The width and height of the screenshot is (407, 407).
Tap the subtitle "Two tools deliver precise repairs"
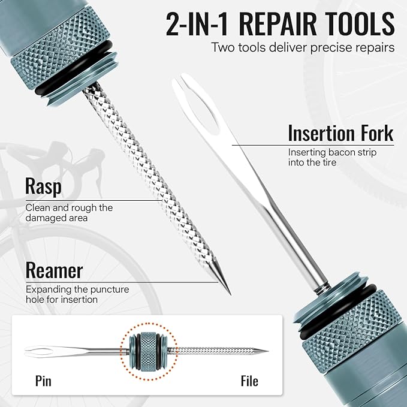[x=303, y=47]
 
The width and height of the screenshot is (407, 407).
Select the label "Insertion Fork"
[x=340, y=132]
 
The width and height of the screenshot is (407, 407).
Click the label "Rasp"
[x=43, y=186]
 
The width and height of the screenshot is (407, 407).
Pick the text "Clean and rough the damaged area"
[x=69, y=213]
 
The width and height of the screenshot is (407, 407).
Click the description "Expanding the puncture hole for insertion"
[x=77, y=294]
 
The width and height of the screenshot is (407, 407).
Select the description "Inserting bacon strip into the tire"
[x=332, y=157]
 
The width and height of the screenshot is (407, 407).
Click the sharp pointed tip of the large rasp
[x=228, y=292]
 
